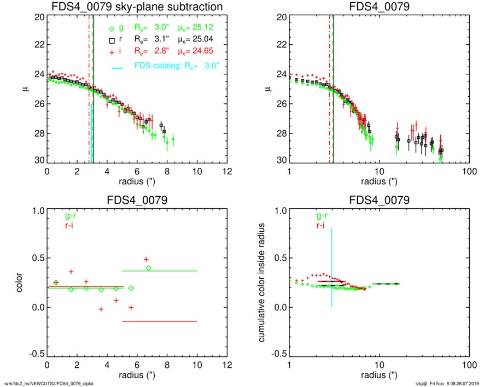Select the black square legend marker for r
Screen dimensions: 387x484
(x=112, y=40)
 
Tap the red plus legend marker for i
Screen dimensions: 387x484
(x=112, y=51)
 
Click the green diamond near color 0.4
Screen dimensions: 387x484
(x=148, y=268)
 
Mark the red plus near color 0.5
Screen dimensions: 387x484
(x=146, y=259)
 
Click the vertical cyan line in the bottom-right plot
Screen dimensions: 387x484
(x=331, y=268)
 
